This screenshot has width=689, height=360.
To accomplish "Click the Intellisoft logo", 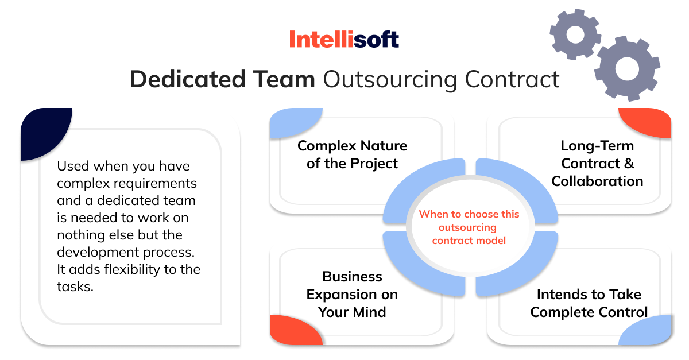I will (344, 40).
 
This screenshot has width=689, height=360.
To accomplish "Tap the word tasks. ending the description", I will (75, 287).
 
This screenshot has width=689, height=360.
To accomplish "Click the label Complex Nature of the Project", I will (352, 154).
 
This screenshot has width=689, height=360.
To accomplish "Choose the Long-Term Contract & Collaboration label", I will (597, 164).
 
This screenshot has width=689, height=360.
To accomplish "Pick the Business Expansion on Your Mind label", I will (352, 295).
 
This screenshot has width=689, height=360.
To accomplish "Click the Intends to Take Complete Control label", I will (589, 303).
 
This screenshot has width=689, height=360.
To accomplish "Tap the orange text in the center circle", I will (469, 227).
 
